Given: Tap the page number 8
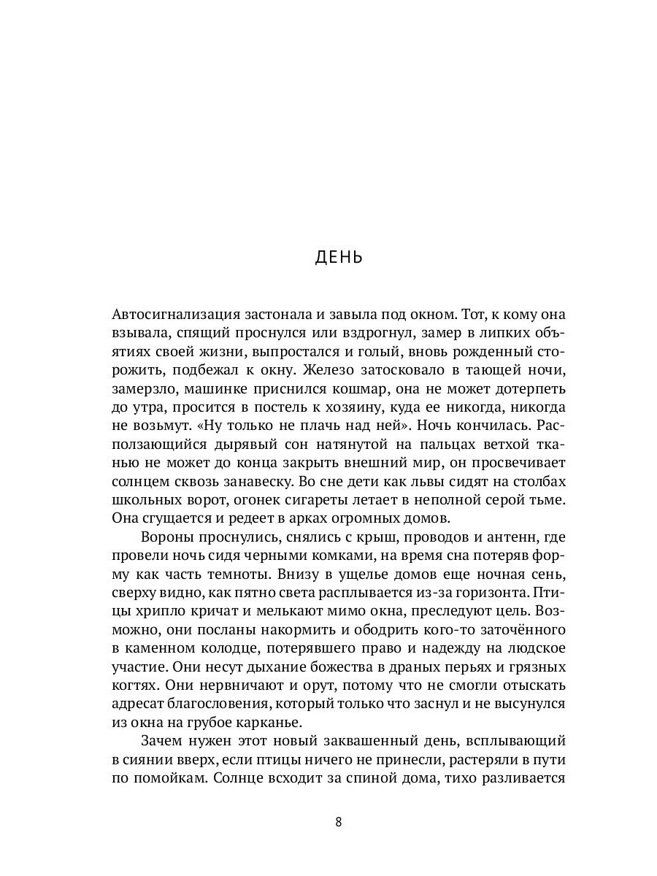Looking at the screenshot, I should (339, 821).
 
